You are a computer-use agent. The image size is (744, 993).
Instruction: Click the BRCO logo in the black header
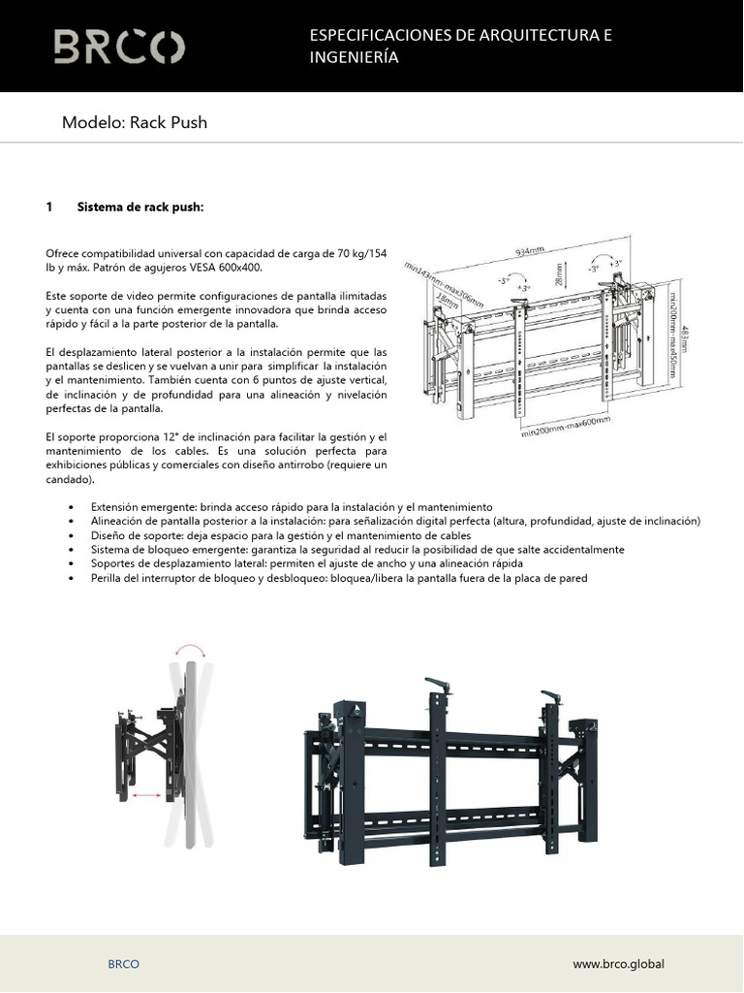pos(119,46)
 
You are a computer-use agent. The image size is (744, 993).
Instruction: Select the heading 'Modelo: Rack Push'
pos(135,123)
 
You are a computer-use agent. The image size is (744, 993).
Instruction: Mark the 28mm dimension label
pos(559,273)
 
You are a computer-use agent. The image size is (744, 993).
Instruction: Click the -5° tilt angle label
pos(504,280)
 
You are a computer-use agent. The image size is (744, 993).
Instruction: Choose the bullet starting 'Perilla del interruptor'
pos(339,578)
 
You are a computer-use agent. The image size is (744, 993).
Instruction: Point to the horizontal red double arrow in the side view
pos(147,794)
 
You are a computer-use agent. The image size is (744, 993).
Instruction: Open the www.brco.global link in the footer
pos(618,964)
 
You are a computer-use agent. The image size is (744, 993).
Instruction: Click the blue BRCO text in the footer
pos(123,964)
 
